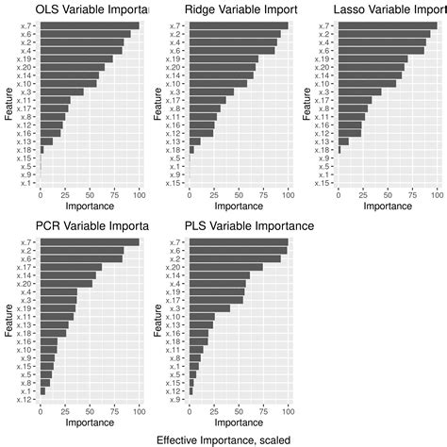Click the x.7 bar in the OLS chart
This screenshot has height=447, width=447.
(90, 25)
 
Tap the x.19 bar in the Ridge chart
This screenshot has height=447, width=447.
(223, 58)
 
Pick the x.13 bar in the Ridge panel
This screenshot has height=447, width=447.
(195, 141)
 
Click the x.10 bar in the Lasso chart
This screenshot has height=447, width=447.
(367, 83)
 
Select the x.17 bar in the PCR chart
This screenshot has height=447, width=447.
(71, 267)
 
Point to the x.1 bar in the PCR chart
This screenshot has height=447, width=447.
(42, 390)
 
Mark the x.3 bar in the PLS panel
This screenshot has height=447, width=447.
(209, 308)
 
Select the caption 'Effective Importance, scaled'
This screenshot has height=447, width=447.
(223, 439)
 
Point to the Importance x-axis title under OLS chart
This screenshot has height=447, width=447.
(90, 205)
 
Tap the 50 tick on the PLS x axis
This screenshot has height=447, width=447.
(239, 410)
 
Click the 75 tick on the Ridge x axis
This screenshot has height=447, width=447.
(263, 193)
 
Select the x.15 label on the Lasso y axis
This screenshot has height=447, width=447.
(323, 183)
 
